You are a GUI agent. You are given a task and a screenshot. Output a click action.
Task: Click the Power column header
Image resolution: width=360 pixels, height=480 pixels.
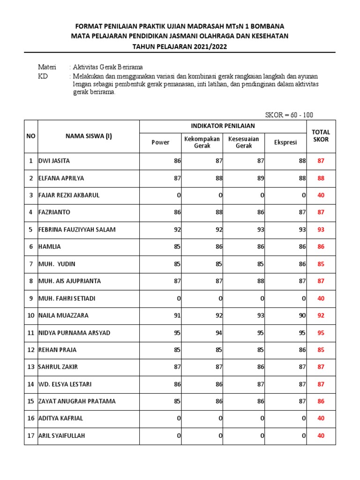[160, 142]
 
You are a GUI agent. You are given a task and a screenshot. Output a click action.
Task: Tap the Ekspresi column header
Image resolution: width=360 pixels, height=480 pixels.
[285, 142]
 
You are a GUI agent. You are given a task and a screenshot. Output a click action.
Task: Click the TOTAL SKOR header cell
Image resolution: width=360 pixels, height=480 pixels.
[321, 136]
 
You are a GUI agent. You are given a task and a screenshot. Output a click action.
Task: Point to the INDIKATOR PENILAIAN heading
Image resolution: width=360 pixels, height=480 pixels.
[223, 126]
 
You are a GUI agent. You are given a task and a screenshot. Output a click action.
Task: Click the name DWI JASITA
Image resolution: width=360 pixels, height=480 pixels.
[54, 161]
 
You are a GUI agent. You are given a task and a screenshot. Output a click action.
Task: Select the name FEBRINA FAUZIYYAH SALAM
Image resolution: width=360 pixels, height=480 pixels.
[77, 230]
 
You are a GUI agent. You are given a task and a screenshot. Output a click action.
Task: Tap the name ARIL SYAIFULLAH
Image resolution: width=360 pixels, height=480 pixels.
[62, 436]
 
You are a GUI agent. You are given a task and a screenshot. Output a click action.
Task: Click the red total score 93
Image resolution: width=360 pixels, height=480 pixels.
[321, 230]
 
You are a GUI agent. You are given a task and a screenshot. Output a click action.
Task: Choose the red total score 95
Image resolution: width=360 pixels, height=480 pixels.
[321, 333]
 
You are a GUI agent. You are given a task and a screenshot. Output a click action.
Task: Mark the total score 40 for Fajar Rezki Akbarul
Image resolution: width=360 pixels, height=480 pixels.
[321, 195]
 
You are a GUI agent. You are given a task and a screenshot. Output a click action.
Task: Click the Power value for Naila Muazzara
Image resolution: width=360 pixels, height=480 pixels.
[177, 315]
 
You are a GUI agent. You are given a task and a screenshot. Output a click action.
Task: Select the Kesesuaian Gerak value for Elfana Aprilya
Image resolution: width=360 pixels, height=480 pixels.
[260, 178]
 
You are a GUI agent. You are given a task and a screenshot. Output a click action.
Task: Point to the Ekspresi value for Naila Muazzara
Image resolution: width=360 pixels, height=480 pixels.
[302, 315]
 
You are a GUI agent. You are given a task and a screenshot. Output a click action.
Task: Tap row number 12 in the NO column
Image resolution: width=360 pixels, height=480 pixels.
[30, 350]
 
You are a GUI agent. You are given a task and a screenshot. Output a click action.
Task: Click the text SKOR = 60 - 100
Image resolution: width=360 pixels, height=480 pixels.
[289, 115]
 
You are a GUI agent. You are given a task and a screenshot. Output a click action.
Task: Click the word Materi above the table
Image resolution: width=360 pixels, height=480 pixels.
[47, 67]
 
